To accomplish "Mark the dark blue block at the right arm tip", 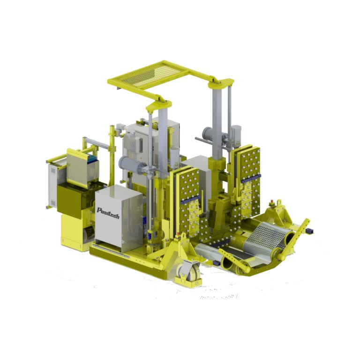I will pyautogui.click(x=310, y=231).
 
